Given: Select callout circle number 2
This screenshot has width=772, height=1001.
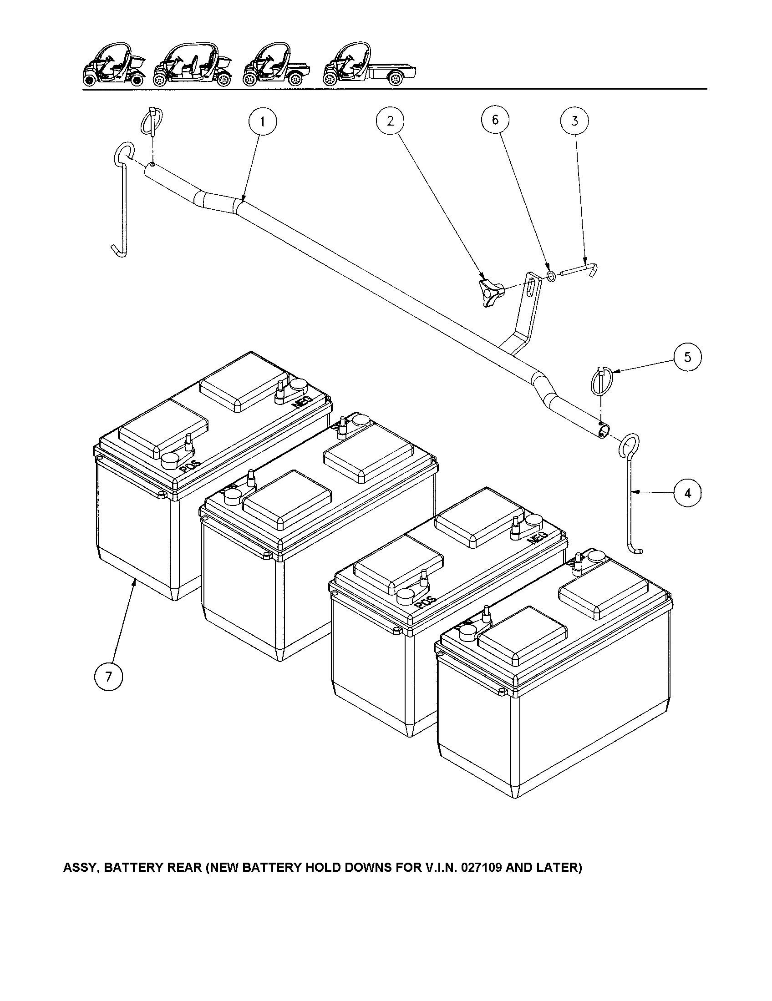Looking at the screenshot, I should coord(390,121).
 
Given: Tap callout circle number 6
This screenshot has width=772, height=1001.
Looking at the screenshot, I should coord(495,120).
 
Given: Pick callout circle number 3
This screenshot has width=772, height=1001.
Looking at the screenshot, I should coord(574,121).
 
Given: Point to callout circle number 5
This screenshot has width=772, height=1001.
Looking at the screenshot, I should coord(687,357).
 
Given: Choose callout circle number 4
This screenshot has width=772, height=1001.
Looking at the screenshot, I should coord(687,493).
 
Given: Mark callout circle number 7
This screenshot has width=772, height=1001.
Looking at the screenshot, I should coord(108,677).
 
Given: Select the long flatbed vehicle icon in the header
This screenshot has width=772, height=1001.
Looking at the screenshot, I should coord(370,66).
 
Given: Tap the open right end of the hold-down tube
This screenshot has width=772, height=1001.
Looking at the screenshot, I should coord(604,431).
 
